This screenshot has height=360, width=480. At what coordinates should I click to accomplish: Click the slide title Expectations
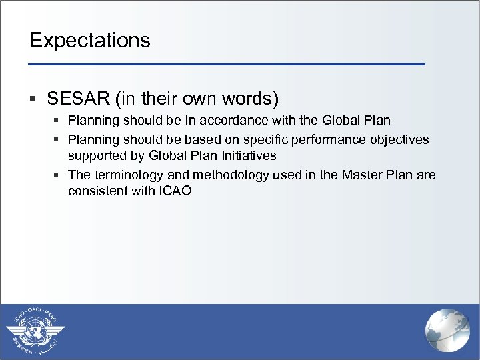point(90,41)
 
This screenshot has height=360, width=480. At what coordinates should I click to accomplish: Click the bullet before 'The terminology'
point(57,175)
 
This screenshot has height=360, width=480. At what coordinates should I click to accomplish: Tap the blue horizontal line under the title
point(227,64)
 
